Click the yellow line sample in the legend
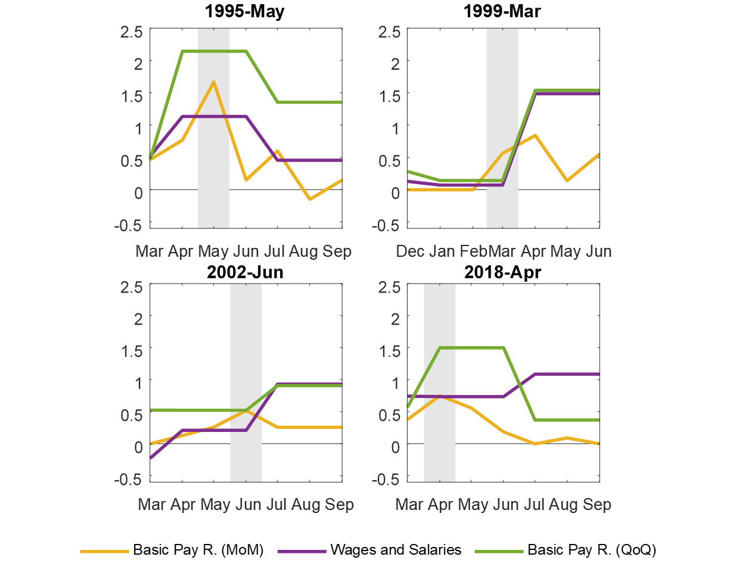coord(104,552)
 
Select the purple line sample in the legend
coord(302,552)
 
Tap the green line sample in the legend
coord(499,552)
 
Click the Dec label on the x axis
coord(410,251)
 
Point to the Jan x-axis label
coord(442,251)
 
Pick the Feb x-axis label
coord(474,251)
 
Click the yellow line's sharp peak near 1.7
coord(213,82)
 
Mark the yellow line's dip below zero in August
coord(310,200)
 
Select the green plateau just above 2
coord(213,51)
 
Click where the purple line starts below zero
coord(150,458)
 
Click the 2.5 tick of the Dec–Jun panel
coord(390,32)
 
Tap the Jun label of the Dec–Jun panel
coord(597,251)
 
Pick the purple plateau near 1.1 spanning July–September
coord(566,374)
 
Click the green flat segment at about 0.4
coord(566,420)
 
